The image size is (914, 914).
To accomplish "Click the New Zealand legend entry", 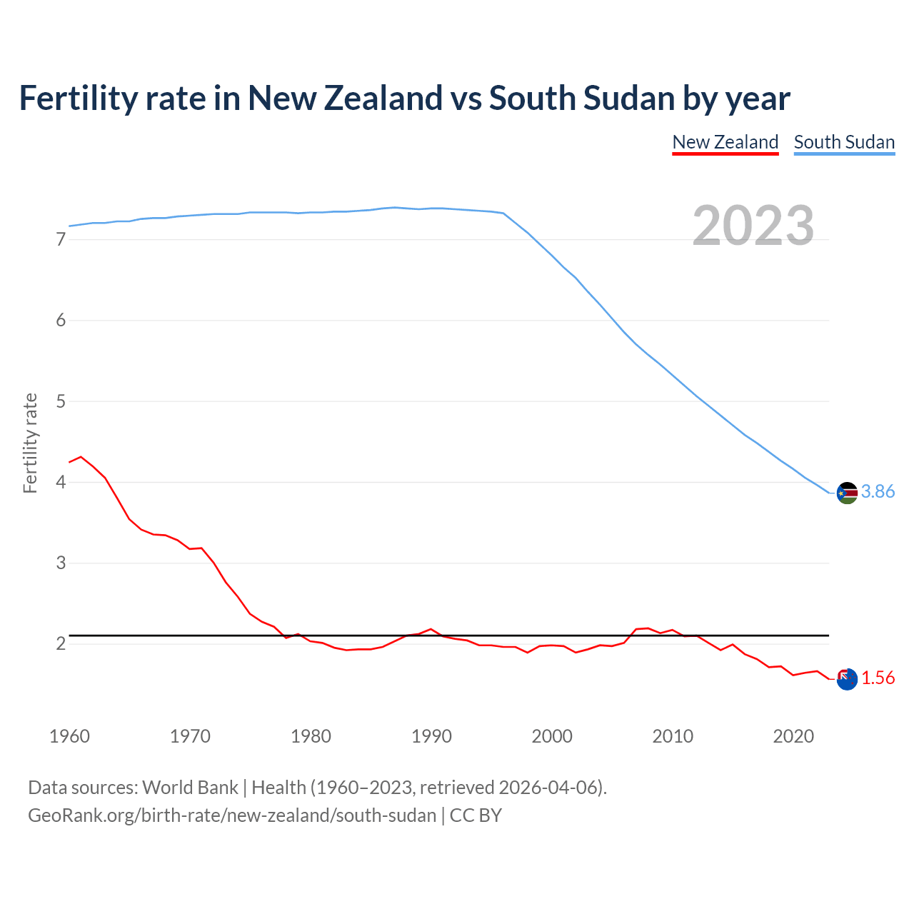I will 725,142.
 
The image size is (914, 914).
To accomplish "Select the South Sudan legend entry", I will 844,142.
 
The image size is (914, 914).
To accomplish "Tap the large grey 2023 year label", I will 753,226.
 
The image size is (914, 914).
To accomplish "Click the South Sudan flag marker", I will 847,493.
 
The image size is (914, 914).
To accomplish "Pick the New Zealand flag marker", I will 847,679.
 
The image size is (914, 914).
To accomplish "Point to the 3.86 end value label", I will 878,491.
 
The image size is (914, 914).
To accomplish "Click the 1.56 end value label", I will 878,678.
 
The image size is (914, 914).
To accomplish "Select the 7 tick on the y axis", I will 61,240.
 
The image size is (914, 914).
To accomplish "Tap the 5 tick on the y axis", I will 61,401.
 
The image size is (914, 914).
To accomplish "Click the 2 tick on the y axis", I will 61,644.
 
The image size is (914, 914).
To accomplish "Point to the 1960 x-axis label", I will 69,736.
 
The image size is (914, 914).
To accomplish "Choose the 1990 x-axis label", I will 431,736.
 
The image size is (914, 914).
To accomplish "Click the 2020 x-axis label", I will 793,736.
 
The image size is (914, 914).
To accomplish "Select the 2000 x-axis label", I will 552,736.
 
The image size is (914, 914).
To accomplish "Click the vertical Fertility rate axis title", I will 30,443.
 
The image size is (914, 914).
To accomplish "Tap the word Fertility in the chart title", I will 78,98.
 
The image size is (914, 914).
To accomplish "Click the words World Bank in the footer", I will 190,788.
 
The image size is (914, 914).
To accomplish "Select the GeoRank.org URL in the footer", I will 232,815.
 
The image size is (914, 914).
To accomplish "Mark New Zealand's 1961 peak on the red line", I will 81,456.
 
